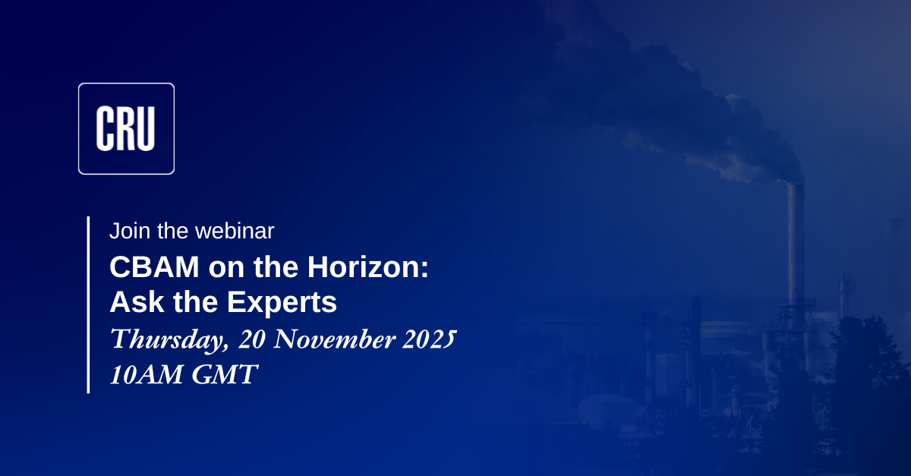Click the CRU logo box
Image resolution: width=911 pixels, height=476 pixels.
click(126, 128)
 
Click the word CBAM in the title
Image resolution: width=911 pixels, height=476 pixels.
click(154, 267)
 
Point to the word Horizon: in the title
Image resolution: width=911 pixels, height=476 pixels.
click(367, 267)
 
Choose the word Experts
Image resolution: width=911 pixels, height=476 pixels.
click(282, 303)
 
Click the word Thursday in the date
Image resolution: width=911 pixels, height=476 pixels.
click(170, 339)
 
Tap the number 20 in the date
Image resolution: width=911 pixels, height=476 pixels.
click(252, 339)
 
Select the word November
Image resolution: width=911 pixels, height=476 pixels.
click(335, 339)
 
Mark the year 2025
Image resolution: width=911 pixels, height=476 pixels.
click(430, 339)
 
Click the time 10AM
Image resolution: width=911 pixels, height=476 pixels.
click(146, 374)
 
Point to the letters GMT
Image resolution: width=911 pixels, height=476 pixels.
click(225, 374)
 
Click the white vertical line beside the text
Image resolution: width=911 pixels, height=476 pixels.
click(88, 304)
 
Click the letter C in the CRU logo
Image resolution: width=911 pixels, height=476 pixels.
click(105, 128)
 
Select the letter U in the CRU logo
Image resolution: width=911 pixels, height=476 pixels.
click(145, 128)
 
